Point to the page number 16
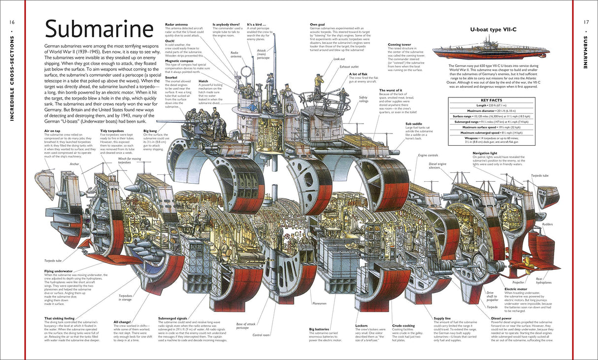(12, 22)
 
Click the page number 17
(586, 22)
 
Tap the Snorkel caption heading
(170, 77)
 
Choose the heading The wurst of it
(390, 91)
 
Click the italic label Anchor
(75, 164)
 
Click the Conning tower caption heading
(399, 45)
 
